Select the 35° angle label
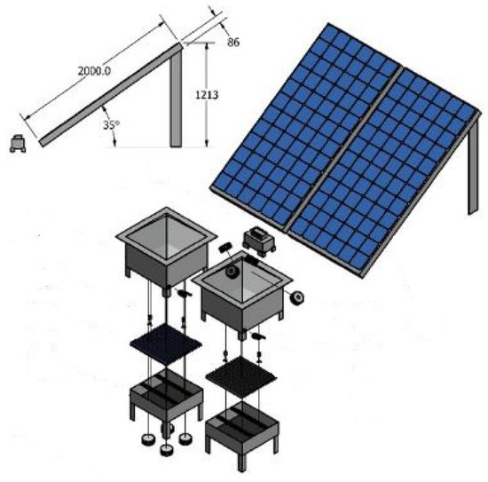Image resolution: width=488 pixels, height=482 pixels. (x=111, y=125)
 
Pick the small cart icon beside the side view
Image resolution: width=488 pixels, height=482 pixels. (x=16, y=142)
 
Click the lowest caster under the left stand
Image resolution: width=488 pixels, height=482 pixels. (x=166, y=451)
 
